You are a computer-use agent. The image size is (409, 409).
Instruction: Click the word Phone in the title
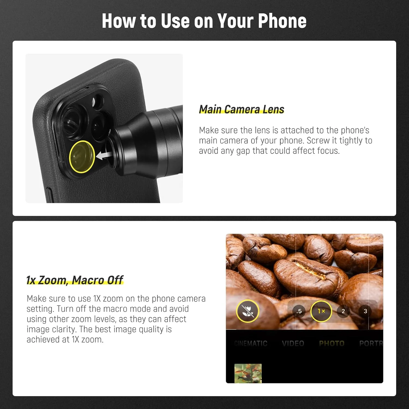[282, 21]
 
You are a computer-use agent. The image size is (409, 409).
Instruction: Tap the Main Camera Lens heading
[242, 109]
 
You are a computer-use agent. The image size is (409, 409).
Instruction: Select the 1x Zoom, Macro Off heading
[75, 280]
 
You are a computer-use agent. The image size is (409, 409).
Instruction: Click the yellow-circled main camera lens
[82, 157]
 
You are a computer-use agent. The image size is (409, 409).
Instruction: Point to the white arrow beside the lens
[104, 155]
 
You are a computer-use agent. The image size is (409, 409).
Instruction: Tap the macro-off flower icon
[247, 311]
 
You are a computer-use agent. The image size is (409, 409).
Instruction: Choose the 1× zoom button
[321, 311]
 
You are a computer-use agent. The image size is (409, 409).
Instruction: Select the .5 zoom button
[299, 311]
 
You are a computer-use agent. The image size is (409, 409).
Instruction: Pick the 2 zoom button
[343, 311]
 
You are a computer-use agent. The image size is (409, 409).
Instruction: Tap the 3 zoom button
[365, 311]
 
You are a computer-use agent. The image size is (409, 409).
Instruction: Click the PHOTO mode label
[332, 343]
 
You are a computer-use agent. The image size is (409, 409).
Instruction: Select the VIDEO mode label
[293, 343]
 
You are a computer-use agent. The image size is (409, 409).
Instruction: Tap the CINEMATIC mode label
[251, 343]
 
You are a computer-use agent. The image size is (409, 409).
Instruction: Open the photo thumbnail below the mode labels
[248, 373]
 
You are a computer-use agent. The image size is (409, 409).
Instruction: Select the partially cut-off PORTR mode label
[371, 343]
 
